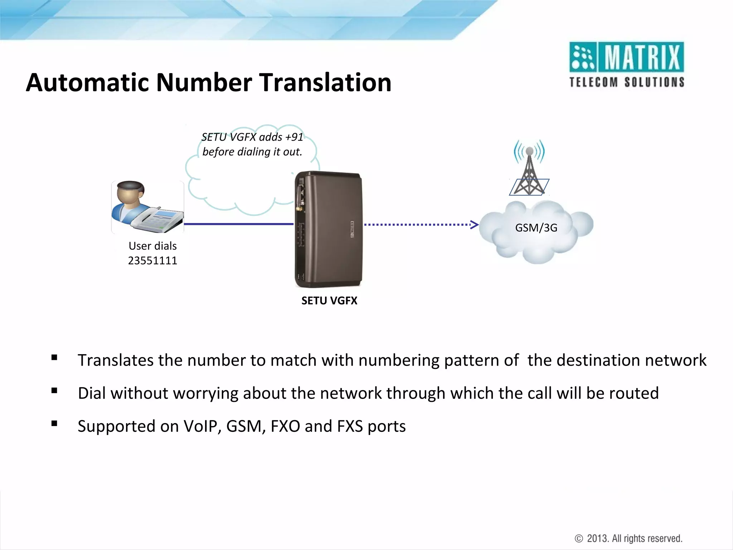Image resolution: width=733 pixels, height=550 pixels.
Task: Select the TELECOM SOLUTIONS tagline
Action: (627, 82)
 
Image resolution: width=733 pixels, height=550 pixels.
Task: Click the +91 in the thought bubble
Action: (294, 137)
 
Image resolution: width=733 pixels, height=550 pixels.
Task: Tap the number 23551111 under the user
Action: (152, 260)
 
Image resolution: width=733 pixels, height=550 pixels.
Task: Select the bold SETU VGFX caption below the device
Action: (329, 300)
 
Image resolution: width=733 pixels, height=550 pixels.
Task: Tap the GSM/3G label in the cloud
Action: (536, 228)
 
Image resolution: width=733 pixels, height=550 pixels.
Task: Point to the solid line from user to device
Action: (238, 224)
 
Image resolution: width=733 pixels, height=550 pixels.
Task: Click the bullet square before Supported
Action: (54, 424)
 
